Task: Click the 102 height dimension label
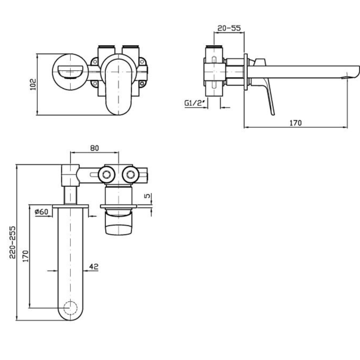click(x=33, y=84)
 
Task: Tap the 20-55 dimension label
click(x=229, y=28)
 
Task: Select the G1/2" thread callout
click(x=194, y=103)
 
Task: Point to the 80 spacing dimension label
click(x=94, y=148)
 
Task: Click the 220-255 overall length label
click(x=13, y=242)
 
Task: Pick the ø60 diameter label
click(x=41, y=212)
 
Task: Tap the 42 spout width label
click(x=94, y=266)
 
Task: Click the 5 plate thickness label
click(x=147, y=196)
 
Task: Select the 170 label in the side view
click(x=295, y=123)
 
